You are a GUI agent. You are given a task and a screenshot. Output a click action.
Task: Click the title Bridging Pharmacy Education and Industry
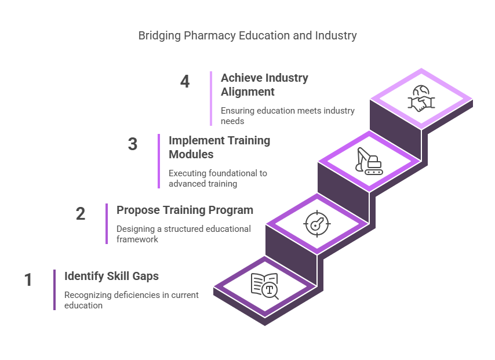[x=247, y=36]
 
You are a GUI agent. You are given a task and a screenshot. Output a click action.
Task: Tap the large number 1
[x=28, y=280]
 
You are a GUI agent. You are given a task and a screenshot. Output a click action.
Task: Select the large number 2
[x=81, y=214]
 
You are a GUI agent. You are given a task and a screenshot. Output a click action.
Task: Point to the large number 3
[x=133, y=144]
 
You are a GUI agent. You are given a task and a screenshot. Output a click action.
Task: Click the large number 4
[x=185, y=82]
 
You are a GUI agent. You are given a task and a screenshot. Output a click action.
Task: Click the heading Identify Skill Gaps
[x=111, y=276]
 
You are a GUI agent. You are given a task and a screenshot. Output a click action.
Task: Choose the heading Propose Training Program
[x=185, y=210]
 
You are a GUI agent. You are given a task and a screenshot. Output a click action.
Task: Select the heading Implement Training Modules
[x=220, y=147]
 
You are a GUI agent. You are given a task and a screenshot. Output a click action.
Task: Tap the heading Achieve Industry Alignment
[x=264, y=85]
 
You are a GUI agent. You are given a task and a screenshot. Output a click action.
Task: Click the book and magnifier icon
[x=264, y=286]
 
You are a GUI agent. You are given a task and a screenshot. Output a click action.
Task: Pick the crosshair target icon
[x=317, y=224]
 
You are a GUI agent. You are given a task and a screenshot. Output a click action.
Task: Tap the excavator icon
[x=369, y=161]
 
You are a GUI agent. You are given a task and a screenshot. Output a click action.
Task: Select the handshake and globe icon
[x=421, y=99]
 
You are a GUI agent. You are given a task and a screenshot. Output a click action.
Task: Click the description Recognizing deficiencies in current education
[x=132, y=300]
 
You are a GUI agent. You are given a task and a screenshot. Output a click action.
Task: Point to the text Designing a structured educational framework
[x=183, y=234]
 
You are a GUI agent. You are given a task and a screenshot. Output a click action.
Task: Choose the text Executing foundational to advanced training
[x=218, y=179]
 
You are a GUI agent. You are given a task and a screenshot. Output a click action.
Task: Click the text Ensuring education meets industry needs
[x=287, y=115]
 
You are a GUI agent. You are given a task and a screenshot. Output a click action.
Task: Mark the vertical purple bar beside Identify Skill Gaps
[x=54, y=290]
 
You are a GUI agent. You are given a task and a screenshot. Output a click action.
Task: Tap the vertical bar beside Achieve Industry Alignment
[x=211, y=99]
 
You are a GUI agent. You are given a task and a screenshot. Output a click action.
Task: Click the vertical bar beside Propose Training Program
[x=107, y=224]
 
